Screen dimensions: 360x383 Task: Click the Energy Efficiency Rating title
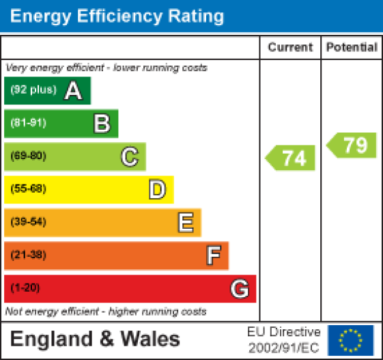pyautogui.click(x=117, y=16)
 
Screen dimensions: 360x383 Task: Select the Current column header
pyautogui.click(x=290, y=47)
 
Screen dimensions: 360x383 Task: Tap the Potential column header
pyautogui.click(x=352, y=47)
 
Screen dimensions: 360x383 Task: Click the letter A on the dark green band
pyautogui.click(x=73, y=91)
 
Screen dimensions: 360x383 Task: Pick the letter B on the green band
pyautogui.click(x=102, y=124)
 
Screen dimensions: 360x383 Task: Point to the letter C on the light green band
pyautogui.click(x=129, y=157)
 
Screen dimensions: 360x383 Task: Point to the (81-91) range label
pyautogui.click(x=28, y=124)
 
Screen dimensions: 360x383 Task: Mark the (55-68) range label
pyautogui.click(x=28, y=189)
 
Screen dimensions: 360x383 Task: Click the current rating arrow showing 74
pyautogui.click(x=291, y=158)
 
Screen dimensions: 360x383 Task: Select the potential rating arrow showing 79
pyautogui.click(x=352, y=146)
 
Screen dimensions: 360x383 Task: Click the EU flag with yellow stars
pyautogui.click(x=351, y=340)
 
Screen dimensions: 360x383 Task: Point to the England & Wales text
pyautogui.click(x=95, y=340)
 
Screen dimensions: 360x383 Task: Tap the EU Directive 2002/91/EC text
pyautogui.click(x=283, y=340)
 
